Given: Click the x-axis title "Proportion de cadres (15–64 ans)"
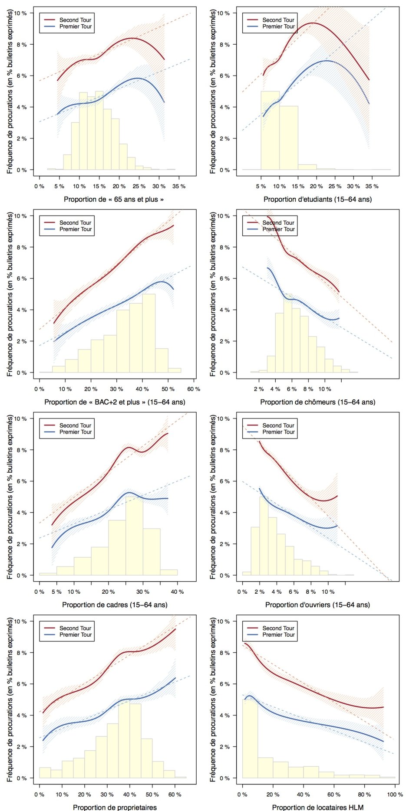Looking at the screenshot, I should (x=115, y=605).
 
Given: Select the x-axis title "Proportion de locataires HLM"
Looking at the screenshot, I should (x=317, y=807).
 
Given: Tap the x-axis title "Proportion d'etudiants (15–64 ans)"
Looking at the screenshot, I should (x=317, y=199).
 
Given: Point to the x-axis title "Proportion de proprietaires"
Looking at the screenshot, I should (x=115, y=807).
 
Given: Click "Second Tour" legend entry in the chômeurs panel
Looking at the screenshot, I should (x=278, y=222).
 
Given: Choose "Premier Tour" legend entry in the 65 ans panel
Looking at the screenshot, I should (x=75, y=26).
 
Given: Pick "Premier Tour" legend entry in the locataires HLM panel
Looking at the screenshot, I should (x=278, y=634).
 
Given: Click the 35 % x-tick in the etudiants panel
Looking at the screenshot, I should (x=372, y=186).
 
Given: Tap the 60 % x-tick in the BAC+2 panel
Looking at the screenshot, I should (x=194, y=389).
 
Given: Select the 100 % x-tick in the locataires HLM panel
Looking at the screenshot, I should (x=395, y=795).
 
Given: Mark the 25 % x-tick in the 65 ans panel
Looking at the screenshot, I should (x=139, y=186).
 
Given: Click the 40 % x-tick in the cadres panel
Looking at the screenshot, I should (x=177, y=592).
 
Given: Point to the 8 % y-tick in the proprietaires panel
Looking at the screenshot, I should (x=21, y=653).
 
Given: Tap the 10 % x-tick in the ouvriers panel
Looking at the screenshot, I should (x=328, y=592).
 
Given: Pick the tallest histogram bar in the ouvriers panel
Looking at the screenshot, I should (x=264, y=536).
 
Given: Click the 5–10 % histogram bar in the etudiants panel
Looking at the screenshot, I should (x=270, y=130).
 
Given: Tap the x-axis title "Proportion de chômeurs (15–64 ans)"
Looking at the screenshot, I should (x=317, y=402).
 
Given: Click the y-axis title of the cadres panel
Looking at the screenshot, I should (x=10, y=497).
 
